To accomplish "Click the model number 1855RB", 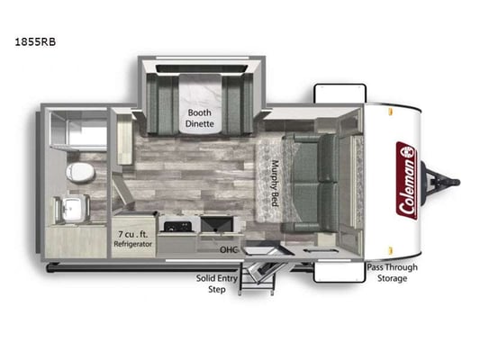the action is tap(35, 42).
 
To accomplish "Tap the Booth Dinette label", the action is tap(199, 119).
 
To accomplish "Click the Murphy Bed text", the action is tap(275, 184).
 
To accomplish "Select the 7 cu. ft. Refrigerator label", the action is tap(133, 239).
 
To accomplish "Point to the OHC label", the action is tap(229, 250).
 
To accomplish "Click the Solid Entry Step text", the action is tap(217, 283).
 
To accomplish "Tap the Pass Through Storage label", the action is tap(392, 273).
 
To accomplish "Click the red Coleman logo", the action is tap(406, 181).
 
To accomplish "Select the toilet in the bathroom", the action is tap(80, 172).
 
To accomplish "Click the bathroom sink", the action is tap(72, 207).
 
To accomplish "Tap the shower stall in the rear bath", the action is tap(78, 130).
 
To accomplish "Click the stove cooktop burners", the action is tap(177, 227).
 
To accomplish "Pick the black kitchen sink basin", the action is tap(217, 224).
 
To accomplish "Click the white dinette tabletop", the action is tap(200, 103).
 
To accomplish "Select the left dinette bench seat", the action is tap(163, 103).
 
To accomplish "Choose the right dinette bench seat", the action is tap(238, 103).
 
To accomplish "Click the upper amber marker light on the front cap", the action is tap(390, 111).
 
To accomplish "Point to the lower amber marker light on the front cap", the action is tap(390, 250).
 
